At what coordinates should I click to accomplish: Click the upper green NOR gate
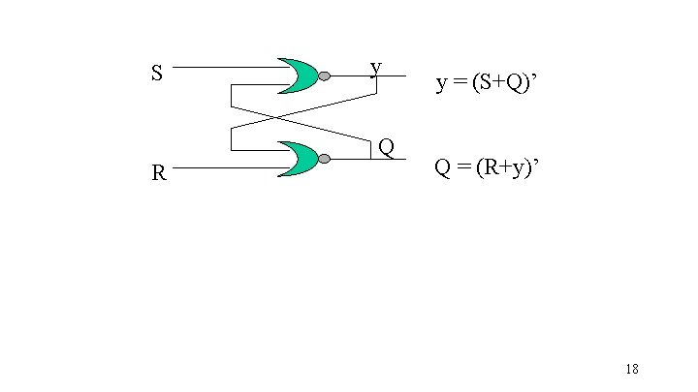[297, 75]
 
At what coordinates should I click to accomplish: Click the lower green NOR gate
[297, 159]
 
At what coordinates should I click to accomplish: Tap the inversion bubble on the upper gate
[324, 75]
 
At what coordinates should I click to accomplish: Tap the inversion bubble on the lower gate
[324, 159]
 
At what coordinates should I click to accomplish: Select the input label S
[156, 74]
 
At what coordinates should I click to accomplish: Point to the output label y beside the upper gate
[375, 68]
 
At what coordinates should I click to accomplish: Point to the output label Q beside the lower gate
[386, 148]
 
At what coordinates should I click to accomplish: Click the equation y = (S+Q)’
[485, 83]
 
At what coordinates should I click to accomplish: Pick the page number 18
[631, 369]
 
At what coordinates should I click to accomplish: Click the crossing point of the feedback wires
[276, 117]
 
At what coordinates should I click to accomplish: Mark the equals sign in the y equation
[458, 84]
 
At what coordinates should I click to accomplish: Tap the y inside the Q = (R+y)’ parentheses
[513, 169]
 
